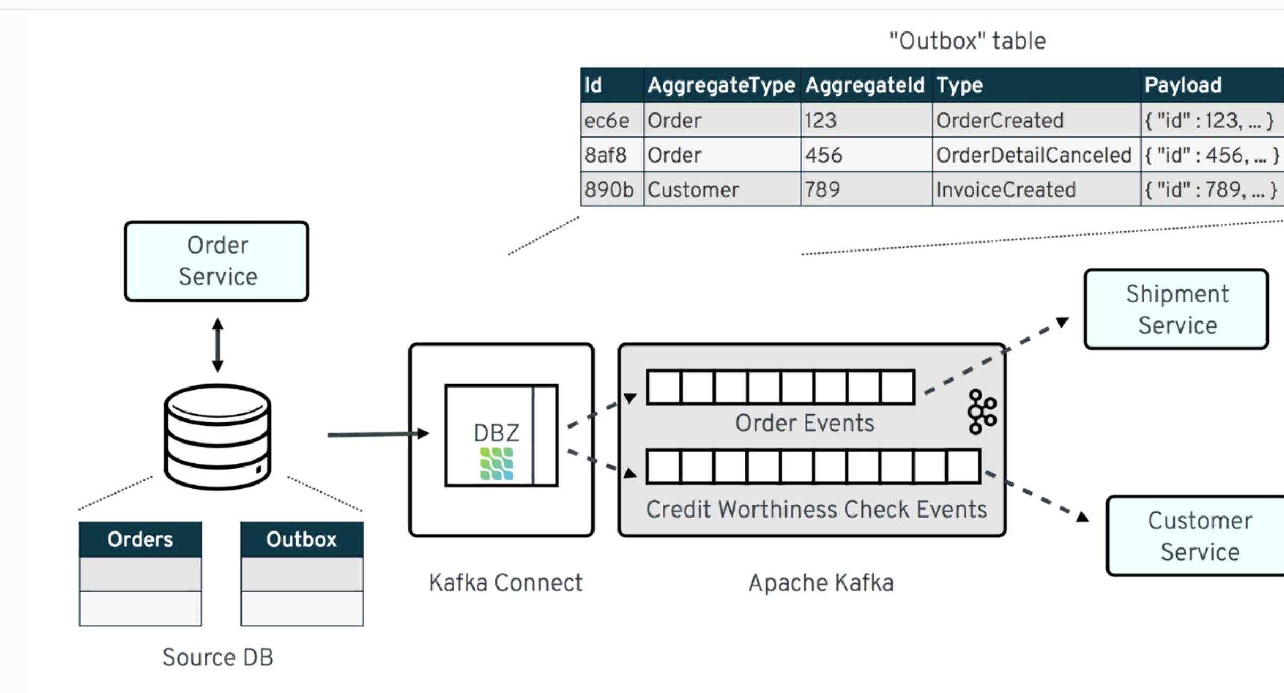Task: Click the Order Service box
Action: [216, 261]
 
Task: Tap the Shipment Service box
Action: [1176, 309]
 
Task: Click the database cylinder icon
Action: [218, 437]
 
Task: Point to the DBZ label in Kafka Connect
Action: [496, 433]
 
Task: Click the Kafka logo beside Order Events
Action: [981, 412]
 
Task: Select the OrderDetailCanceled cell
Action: [1033, 155]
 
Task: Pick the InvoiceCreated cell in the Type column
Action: [1006, 190]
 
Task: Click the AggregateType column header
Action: [721, 85]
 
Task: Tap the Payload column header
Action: [1183, 85]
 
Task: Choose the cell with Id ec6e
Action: [607, 120]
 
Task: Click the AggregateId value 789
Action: [822, 190]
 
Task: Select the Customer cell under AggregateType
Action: [693, 190]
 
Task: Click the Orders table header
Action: [140, 539]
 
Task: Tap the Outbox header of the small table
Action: [302, 539]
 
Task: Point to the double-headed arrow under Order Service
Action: [218, 345]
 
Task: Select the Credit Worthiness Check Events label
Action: [816, 509]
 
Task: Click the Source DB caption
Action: [218, 657]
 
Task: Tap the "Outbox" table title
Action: [967, 41]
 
